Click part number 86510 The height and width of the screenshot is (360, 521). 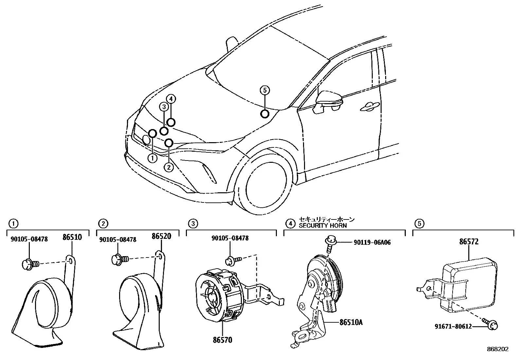coord(72,237)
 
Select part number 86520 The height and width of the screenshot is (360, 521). coord(161,237)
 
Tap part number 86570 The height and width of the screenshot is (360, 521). coord(223,340)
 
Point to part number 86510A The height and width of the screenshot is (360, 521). coord(351,322)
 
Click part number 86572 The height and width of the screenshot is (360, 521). coord(469,242)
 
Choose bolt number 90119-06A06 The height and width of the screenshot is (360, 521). coord(372,242)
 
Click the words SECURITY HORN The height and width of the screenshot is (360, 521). coord(323,225)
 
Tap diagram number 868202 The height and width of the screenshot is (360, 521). coord(498,349)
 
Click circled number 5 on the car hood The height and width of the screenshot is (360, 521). coord(265,90)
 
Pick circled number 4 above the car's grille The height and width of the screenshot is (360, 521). coord(171,99)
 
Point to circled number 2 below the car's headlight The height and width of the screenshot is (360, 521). coord(169,167)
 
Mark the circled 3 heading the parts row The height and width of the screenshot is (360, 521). coord(193,224)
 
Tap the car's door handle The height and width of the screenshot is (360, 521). coord(370,106)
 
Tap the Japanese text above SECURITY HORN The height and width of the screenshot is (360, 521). coord(327,219)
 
